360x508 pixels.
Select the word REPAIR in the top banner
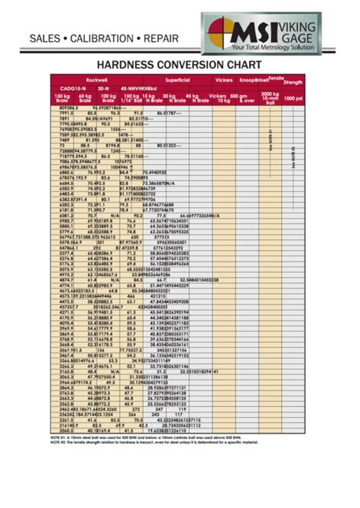pyautogui.click(x=163, y=38)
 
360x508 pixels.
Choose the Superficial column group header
pyautogui.click(x=176, y=79)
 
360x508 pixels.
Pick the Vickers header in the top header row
pyautogui.click(x=224, y=79)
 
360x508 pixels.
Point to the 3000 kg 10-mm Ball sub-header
pyautogui.click(x=269, y=99)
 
